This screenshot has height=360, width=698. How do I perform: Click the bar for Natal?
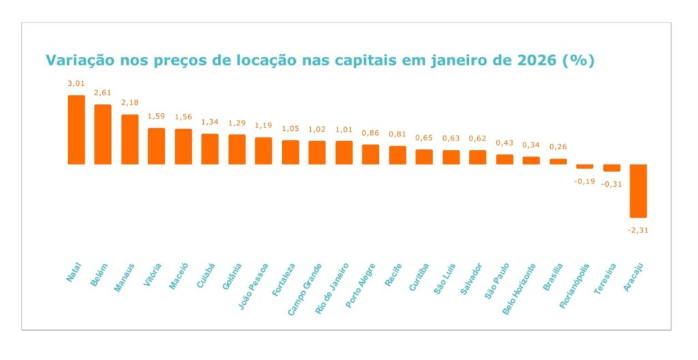(76, 130)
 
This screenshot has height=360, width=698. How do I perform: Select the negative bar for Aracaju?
(638, 190)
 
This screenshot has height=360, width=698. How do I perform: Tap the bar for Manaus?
(130, 139)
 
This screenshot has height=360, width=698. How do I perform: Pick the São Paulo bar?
(504, 159)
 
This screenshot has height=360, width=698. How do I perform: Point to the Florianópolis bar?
(585, 166)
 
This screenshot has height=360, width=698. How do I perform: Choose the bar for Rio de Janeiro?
(344, 152)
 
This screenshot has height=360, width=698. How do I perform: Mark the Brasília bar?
(558, 161)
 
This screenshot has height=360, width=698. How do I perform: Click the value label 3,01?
(76, 83)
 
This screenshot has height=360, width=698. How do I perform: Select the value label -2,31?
(637, 230)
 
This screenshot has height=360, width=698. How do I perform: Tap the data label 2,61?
(103, 93)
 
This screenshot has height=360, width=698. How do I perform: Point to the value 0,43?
(504, 142)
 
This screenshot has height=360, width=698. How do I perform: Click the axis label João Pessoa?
(254, 285)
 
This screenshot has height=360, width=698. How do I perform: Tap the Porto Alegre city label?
(361, 285)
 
